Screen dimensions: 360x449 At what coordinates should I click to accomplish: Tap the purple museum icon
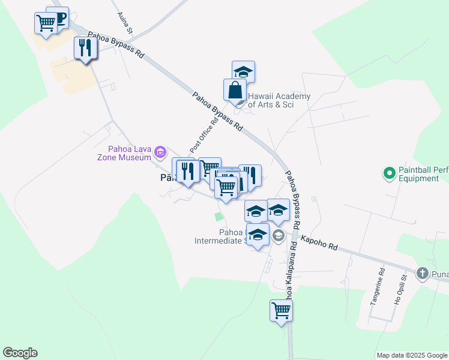[160, 152]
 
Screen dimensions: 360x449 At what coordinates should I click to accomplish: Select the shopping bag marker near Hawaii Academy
[235, 91]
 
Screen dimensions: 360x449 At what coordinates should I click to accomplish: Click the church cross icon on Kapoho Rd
[422, 274]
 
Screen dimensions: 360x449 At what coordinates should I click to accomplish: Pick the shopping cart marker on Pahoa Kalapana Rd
[281, 311]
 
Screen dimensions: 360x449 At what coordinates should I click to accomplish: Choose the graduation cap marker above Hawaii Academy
[243, 71]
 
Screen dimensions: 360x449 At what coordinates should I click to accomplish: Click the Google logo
[20, 353]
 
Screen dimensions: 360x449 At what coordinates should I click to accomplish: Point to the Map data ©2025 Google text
[411, 355]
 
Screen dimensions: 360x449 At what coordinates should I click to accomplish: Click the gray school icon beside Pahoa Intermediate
[279, 235]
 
